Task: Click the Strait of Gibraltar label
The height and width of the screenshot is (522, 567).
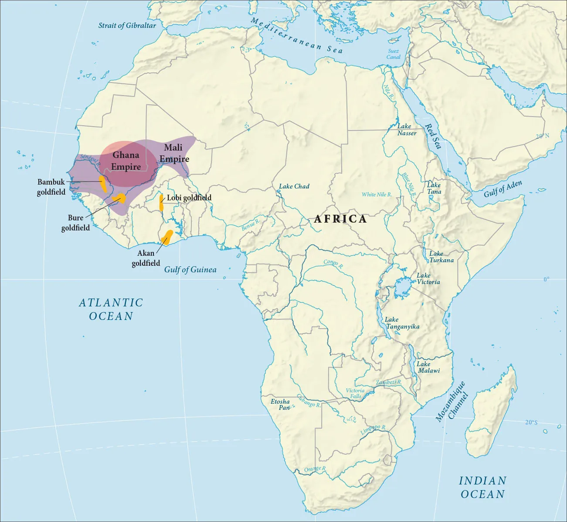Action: [x=127, y=25]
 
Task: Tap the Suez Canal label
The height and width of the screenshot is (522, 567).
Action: [x=394, y=54]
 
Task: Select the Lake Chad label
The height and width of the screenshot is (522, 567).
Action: [x=294, y=186]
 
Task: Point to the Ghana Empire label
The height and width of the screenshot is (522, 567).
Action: [x=126, y=161]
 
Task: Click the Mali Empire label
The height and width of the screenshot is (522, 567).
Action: [x=174, y=153]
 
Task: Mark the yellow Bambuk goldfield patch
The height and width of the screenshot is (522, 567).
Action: [x=103, y=184]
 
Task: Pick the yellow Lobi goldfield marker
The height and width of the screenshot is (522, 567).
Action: [x=162, y=203]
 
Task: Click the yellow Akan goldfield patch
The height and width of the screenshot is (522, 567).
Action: [x=167, y=237]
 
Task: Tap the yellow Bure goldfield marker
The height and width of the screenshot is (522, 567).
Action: [x=119, y=199]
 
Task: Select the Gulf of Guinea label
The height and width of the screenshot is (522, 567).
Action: [x=190, y=270]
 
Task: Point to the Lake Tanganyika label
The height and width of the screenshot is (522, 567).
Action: [x=402, y=323]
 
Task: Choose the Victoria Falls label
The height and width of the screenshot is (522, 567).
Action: [x=355, y=393]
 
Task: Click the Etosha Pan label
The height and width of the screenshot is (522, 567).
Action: [x=280, y=404]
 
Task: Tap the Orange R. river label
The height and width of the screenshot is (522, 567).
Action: [x=315, y=469]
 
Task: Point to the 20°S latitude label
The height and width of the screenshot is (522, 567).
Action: [x=531, y=422]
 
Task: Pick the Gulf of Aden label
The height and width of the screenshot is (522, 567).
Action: [x=502, y=189]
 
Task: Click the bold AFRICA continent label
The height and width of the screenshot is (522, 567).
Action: [x=340, y=219]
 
